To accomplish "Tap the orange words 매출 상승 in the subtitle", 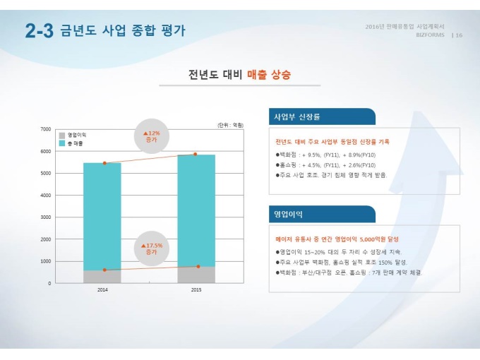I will tap(269, 74).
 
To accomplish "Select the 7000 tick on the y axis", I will tap(46, 129).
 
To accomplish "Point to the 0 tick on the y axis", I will tap(49, 283).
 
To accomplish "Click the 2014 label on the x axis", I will tap(102, 290).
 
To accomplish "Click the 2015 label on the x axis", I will tap(196, 290).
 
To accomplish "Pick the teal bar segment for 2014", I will tap(102, 216).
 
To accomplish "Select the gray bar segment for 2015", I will tap(196, 275).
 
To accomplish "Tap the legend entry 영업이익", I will tap(77, 134).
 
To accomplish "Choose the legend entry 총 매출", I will tap(76, 143).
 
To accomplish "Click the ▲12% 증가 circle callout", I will tap(152, 136).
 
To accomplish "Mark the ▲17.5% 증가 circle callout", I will tap(152, 248).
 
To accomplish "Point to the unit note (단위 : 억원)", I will tap(231, 125).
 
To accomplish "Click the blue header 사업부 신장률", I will tap(297, 116).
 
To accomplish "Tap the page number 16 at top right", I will tap(459, 35).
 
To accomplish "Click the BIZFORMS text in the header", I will tap(431, 35).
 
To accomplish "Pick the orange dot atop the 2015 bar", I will tap(196, 154).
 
